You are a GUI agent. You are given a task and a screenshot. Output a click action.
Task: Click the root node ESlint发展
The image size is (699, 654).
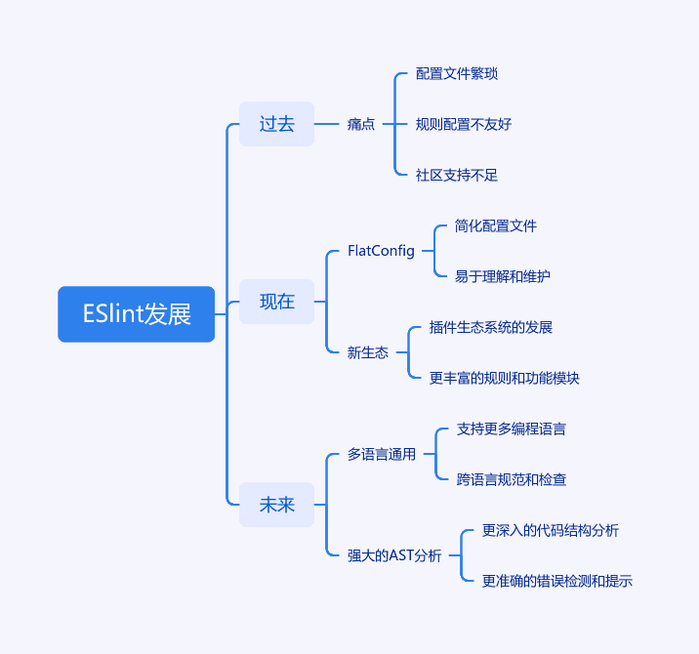[137, 314]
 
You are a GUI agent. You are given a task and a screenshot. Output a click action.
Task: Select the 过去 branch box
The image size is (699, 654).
[277, 124]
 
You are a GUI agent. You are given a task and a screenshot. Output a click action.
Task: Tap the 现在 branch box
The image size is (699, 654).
[277, 302]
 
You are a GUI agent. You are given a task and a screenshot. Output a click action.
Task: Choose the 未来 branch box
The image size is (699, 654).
[277, 505]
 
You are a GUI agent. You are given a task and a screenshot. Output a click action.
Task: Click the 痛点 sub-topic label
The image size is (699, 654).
[361, 124]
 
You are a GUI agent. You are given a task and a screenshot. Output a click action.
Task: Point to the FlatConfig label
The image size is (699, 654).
[381, 251]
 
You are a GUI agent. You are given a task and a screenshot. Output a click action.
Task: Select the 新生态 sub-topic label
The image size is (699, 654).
[368, 352]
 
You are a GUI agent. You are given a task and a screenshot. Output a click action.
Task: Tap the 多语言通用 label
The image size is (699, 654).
[382, 454]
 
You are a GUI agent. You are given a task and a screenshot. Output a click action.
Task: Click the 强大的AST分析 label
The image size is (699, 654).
[394, 555]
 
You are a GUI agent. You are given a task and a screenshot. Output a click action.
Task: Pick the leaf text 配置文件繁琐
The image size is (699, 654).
[457, 73]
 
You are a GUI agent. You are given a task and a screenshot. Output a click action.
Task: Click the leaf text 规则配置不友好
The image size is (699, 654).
[464, 124]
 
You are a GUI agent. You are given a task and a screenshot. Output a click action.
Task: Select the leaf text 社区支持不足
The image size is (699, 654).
[457, 175]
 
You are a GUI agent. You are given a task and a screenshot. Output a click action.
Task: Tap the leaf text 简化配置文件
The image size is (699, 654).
[496, 225]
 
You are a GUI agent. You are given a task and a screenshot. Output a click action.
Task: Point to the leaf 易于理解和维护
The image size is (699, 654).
[503, 276]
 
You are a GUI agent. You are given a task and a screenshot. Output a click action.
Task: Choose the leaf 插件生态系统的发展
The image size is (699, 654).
[491, 327]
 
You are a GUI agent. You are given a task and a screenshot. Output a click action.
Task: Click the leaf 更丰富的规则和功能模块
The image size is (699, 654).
[504, 378]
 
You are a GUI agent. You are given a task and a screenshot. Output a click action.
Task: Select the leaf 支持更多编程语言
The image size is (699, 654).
[512, 429]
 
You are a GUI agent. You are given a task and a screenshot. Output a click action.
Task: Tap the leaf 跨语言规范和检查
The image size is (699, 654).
[512, 479]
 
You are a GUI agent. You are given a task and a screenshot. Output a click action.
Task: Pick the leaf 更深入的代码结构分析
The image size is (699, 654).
[551, 530]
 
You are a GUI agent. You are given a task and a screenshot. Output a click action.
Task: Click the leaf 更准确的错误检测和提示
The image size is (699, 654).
[557, 581]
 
